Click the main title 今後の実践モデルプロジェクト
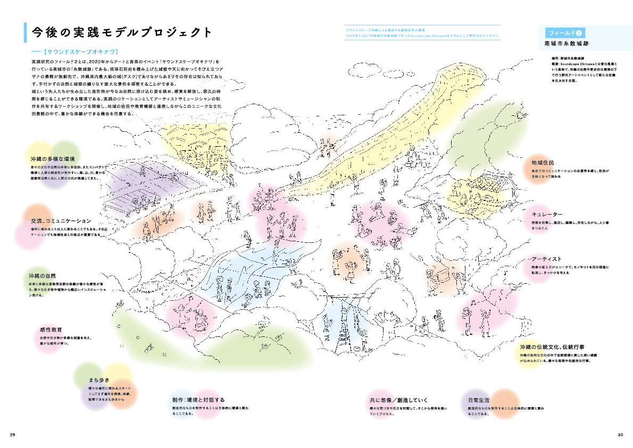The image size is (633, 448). (x=122, y=32)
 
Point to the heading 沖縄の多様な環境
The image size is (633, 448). (x=53, y=159)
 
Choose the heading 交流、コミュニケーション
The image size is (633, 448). (x=61, y=221)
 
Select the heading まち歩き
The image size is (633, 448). (x=99, y=380)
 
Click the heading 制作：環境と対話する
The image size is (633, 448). (x=198, y=400)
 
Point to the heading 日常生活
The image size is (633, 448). (x=479, y=400)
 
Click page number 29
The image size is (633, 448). (x=13, y=435)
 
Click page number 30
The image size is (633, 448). (x=620, y=435)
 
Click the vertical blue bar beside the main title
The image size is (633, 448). (x=24, y=32)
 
